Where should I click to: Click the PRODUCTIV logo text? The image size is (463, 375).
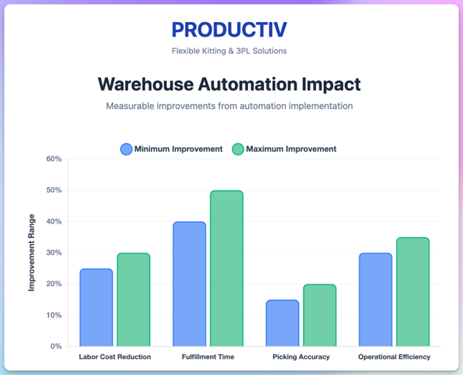click(229, 30)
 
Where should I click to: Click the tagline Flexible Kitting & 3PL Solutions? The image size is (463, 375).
click(229, 50)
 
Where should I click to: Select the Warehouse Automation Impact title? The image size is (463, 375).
click(229, 84)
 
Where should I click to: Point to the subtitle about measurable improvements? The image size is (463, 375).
click(229, 106)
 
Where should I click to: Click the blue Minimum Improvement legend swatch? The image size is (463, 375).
click(126, 149)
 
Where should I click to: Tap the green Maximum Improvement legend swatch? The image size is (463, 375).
click(238, 149)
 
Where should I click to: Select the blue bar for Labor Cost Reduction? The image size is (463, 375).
click(96, 307)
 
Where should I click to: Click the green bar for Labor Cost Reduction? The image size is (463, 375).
click(133, 300)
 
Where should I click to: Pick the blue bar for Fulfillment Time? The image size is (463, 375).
click(189, 284)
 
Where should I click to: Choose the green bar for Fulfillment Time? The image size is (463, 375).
click(227, 269)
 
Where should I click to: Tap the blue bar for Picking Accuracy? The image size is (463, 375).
click(283, 323)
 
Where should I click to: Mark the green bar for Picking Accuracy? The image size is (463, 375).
click(320, 315)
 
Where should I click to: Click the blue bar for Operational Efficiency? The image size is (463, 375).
click(375, 300)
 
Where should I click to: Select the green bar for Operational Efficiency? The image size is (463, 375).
click(413, 292)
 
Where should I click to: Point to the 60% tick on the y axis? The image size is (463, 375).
click(54, 159)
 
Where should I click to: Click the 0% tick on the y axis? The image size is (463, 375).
click(56, 346)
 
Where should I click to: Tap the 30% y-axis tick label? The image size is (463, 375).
click(54, 253)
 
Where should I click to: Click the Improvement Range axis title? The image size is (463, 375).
click(31, 253)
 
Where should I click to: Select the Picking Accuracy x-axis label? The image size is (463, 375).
click(301, 357)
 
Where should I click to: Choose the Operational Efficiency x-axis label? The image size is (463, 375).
click(394, 357)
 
